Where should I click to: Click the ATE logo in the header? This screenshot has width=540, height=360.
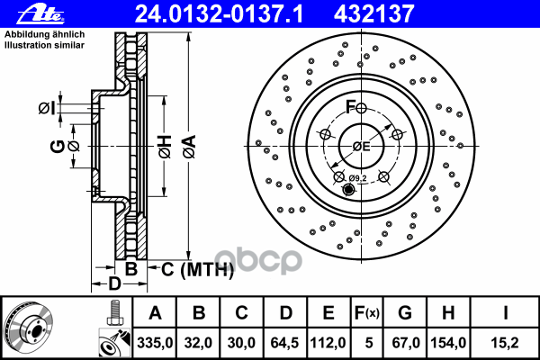pyautogui.click(x=40, y=13)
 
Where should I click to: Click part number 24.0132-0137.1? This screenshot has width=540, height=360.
pyautogui.click(x=219, y=14)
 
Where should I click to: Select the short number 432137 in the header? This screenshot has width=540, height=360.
pyautogui.click(x=373, y=14)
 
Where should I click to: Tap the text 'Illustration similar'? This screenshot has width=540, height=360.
pyautogui.click(x=44, y=45)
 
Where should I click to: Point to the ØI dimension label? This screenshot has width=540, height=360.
pyautogui.click(x=47, y=109)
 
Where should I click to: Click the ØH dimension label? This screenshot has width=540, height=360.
pyautogui.click(x=165, y=147)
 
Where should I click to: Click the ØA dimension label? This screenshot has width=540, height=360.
pyautogui.click(x=189, y=147)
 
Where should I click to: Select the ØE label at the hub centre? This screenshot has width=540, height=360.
pyautogui.click(x=361, y=147)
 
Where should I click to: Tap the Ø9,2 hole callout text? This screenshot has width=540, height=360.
pyautogui.click(x=358, y=178)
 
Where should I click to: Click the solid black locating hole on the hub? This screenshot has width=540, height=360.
pyautogui.click(x=348, y=190)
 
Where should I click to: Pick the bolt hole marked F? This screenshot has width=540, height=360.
pyautogui.click(x=361, y=108)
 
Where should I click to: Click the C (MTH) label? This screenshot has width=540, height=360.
pyautogui.click(x=197, y=269)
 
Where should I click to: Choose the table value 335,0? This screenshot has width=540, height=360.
pyautogui.click(x=155, y=343)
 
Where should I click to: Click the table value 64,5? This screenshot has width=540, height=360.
pyautogui.click(x=284, y=343)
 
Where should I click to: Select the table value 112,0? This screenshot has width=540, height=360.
pyautogui.click(x=328, y=343)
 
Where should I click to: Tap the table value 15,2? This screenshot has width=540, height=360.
pyautogui.click(x=505, y=343)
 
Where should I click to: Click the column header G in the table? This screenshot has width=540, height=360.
pyautogui.click(x=405, y=313)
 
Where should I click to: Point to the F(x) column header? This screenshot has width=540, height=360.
pyautogui.click(x=367, y=313)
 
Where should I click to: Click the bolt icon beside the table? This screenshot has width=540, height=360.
pyautogui.click(x=115, y=313)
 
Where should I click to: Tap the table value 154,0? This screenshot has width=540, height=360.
pyautogui.click(x=448, y=343)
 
